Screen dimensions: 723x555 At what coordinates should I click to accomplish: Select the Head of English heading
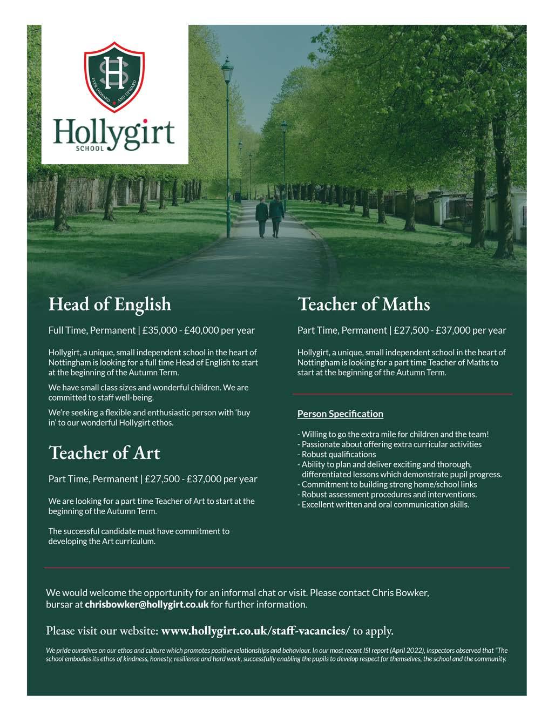pyautogui.click(x=110, y=304)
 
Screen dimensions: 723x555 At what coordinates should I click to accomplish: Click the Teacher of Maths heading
pyautogui.click(x=363, y=305)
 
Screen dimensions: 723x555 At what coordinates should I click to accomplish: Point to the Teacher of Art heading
pyautogui.click(x=104, y=452)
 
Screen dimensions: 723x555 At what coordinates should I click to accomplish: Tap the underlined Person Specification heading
pyautogui.click(x=340, y=414)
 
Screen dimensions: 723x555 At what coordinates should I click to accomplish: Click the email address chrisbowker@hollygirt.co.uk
pyautogui.click(x=146, y=604)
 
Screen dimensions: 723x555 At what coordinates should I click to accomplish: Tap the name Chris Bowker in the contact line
pyautogui.click(x=400, y=592)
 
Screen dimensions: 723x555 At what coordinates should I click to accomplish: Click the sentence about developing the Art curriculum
pyautogui.click(x=139, y=536)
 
